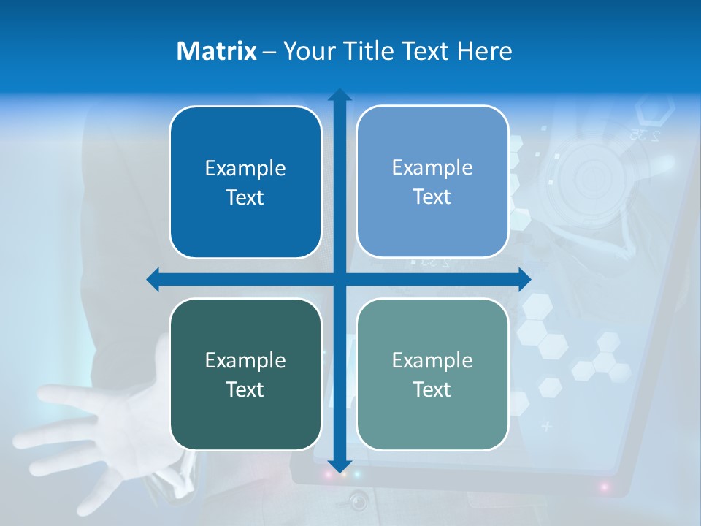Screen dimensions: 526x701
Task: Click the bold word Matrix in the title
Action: tap(217, 51)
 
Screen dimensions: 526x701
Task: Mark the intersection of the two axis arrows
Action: tap(340, 279)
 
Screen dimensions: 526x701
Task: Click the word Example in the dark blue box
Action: tap(245, 169)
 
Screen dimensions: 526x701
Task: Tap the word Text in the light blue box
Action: tap(432, 197)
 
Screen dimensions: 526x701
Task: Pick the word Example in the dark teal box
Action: tap(245, 361)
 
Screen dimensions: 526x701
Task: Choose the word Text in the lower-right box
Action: tap(432, 390)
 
